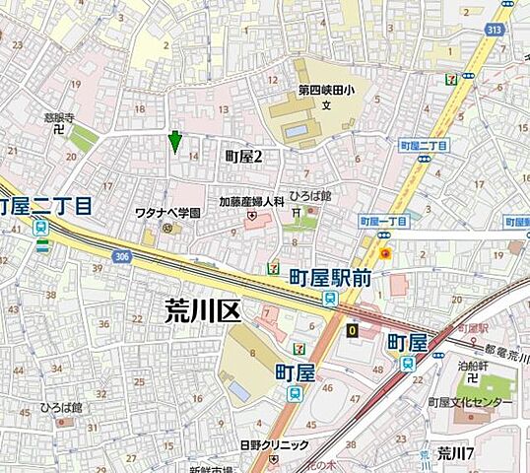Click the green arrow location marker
[x=175, y=142]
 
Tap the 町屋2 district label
[x=246, y=155]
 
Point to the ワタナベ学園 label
[x=167, y=213]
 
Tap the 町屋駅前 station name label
[x=330, y=279]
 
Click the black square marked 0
[x=352, y=330]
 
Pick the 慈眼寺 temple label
[x=59, y=115]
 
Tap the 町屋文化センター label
[x=471, y=402]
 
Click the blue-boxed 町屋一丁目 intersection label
[x=384, y=221]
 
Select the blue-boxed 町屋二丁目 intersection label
[x=425, y=145]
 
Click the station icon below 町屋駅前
[x=329, y=299]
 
